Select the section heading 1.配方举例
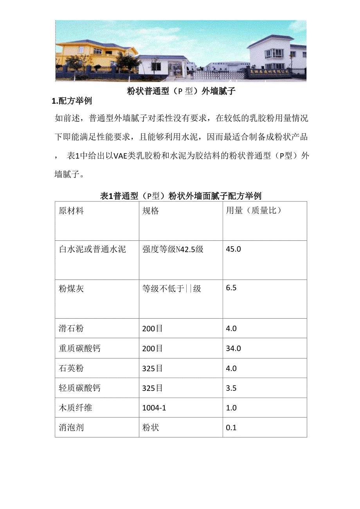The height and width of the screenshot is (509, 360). coord(72,101)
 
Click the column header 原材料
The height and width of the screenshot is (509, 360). coord(71,211)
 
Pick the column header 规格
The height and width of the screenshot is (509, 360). coord(151,211)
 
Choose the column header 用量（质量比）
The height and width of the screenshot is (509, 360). coord(254,211)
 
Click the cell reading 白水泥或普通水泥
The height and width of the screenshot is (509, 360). coord(92,249)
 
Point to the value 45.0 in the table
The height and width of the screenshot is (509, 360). coord(233,249)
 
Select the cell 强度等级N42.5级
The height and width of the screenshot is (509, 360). coord(173,249)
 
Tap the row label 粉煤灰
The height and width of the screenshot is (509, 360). coord(71,289)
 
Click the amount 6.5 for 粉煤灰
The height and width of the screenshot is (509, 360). coord(231,288)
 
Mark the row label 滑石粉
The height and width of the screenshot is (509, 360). coord(71,328)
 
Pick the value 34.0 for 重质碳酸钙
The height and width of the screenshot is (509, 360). coord(233,348)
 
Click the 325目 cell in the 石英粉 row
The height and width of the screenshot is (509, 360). coord(153,368)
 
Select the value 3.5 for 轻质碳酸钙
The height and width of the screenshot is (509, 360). coord(231,388)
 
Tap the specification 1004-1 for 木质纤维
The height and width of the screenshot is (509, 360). coord(154,408)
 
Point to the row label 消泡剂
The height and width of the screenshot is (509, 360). coord(71,428)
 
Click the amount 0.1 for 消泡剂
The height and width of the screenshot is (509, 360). coord(231,428)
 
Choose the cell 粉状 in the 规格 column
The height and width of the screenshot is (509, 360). coord(151,428)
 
